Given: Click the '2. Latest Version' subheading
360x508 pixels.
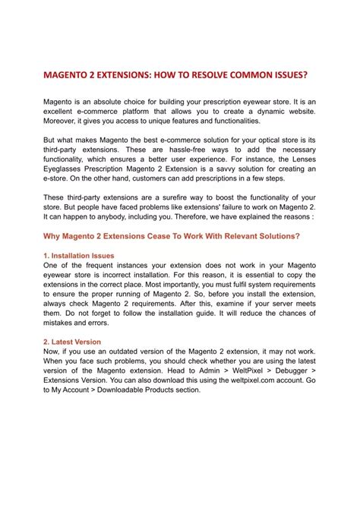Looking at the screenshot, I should (72, 342).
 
